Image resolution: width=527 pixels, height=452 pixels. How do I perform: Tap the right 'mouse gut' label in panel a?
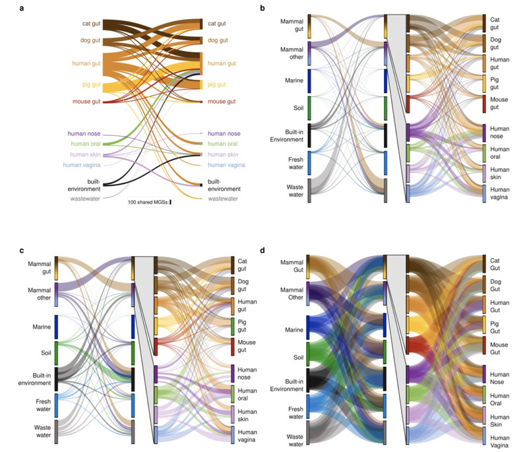[222, 102]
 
